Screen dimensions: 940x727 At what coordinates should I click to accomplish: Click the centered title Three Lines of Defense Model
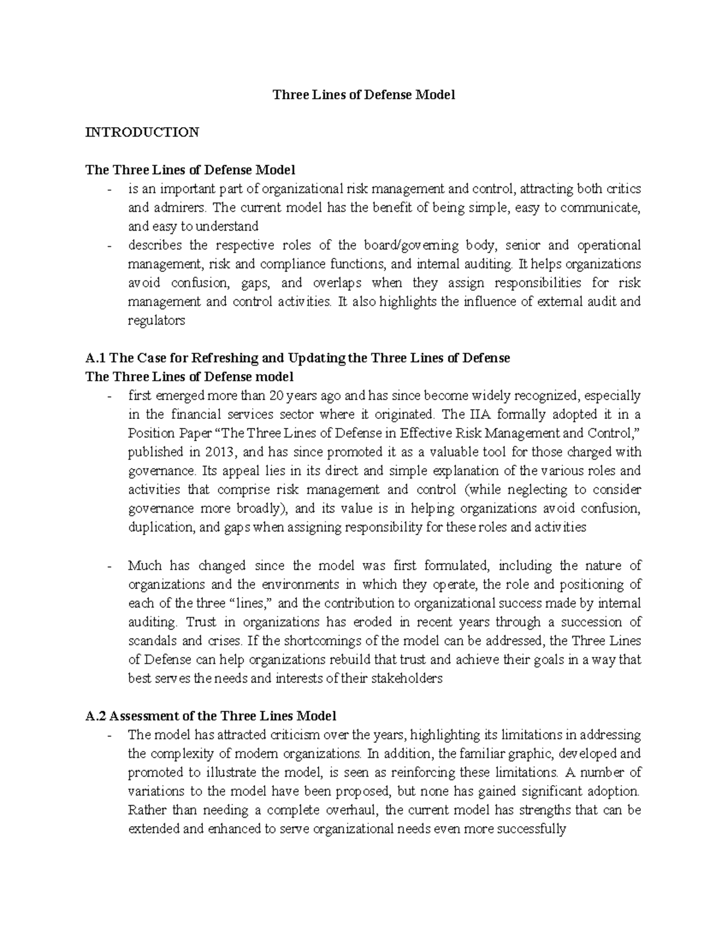coord(363,94)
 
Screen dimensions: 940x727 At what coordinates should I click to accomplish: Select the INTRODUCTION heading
coord(142,132)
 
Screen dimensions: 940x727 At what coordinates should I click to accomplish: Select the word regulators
coord(156,320)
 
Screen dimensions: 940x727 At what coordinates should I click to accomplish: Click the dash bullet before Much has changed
coord(109,566)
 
